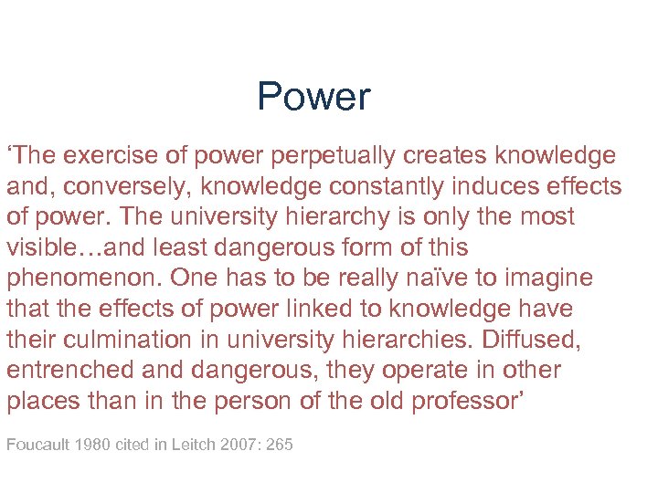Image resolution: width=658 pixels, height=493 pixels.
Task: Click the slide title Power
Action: (x=313, y=97)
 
